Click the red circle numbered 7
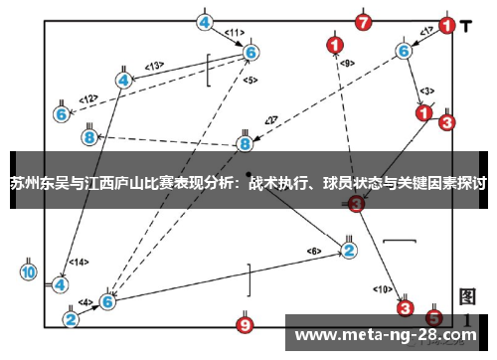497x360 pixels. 364,22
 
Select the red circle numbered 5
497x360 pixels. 433,318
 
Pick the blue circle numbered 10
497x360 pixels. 29,270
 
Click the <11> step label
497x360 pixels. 234,34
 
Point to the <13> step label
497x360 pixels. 153,66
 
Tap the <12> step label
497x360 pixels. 88,99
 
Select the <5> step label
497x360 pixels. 249,80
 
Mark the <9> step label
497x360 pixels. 346,63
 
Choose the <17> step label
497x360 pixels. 424,33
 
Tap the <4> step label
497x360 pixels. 86,301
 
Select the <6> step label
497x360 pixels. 314,251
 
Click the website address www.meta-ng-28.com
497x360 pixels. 387,333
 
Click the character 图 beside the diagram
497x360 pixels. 467,297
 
